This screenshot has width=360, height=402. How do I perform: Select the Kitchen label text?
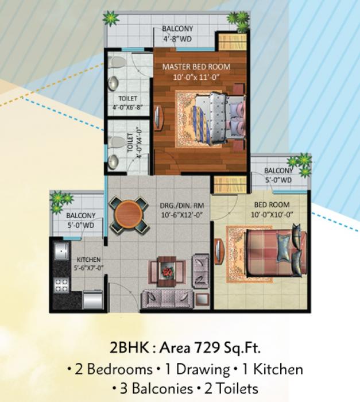pyautogui.click(x=86, y=259)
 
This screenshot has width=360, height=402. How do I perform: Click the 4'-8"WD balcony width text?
pyautogui.click(x=177, y=39)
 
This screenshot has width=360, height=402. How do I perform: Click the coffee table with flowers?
pyautogui.click(x=168, y=269)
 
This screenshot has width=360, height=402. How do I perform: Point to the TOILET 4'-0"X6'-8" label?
pyautogui.click(x=127, y=102)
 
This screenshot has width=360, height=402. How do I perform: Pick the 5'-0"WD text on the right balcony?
pyautogui.click(x=278, y=179)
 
